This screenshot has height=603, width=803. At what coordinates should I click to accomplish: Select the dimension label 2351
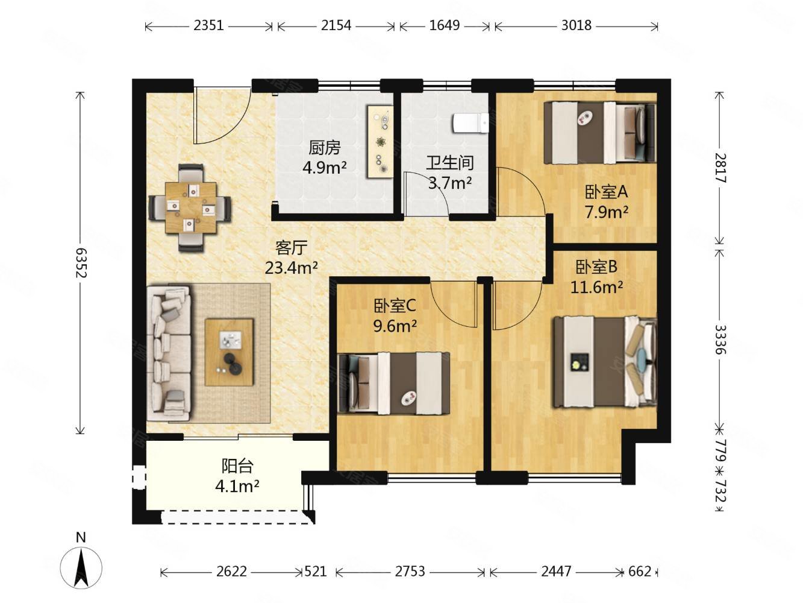click(208, 26)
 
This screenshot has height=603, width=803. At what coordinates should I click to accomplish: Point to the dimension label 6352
click(81, 263)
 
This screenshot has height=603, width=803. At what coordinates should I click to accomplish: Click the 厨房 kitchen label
click(325, 148)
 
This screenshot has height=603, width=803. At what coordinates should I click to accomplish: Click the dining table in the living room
click(190, 207)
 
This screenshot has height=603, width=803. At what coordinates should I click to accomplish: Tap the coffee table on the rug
click(229, 352)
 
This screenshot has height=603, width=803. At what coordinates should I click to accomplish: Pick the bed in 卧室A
click(599, 132)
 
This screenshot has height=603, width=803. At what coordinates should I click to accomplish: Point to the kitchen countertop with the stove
click(381, 142)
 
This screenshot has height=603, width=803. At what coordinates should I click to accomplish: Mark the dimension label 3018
click(576, 26)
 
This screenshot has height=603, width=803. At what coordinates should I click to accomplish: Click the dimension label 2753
click(410, 571)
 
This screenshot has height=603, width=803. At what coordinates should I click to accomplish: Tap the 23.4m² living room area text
click(291, 268)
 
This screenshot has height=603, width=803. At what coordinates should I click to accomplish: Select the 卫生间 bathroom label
click(450, 163)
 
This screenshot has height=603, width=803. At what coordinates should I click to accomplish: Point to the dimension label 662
click(640, 571)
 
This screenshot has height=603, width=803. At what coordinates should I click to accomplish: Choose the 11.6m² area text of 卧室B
click(596, 288)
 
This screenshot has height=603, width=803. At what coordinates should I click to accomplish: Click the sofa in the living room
click(169, 354)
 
